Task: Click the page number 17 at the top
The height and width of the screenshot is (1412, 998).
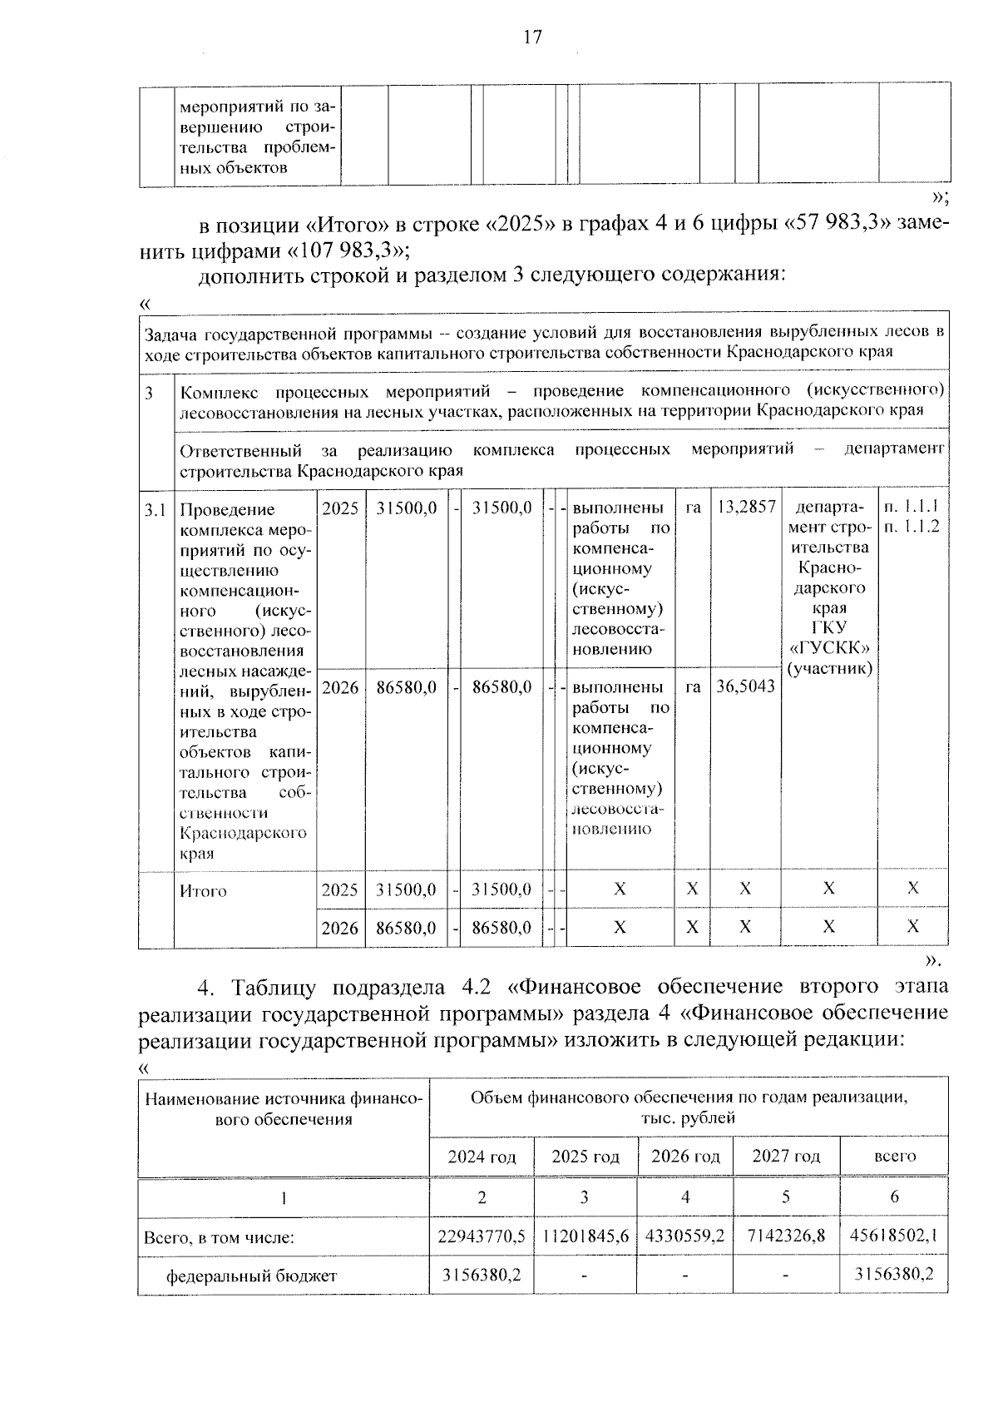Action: (532, 37)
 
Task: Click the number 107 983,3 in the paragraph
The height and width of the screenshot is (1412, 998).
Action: (348, 250)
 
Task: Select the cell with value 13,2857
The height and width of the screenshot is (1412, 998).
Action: (745, 507)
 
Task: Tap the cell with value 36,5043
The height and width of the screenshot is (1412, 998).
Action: (745, 686)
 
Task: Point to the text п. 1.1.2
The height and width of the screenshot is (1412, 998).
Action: (912, 527)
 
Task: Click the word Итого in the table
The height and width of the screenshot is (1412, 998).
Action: (204, 891)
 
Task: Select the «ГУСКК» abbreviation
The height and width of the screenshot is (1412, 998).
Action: (829, 648)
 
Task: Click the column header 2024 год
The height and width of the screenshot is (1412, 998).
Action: (482, 1157)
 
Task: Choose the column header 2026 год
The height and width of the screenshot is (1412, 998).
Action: (685, 1157)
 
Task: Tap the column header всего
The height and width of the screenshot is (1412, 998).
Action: (895, 1157)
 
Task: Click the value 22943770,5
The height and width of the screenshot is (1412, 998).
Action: (482, 1236)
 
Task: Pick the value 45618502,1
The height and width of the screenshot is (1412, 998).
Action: (895, 1236)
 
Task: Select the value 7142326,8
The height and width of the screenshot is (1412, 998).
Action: (786, 1236)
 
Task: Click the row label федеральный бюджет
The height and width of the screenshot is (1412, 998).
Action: (252, 1276)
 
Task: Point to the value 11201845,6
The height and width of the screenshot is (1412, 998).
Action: (585, 1236)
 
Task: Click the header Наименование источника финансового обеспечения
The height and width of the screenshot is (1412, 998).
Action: (284, 1109)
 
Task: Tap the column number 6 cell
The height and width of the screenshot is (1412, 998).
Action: (895, 1197)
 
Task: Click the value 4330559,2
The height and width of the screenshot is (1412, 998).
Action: (685, 1236)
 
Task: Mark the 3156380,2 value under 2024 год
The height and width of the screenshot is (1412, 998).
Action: (482, 1275)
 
